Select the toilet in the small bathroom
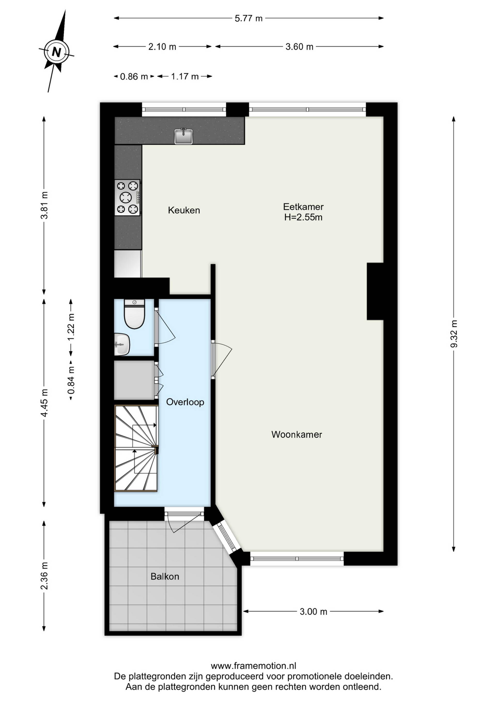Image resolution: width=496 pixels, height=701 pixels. (134, 314)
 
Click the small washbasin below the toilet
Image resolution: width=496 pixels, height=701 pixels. (122, 344)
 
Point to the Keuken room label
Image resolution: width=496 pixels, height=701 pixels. (184, 210)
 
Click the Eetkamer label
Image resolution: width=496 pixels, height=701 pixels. (303, 207)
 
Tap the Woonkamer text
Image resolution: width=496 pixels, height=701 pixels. (297, 434)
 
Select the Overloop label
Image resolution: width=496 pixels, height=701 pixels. (185, 402)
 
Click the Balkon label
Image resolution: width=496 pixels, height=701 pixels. (165, 577)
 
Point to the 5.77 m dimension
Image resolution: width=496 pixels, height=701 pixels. (249, 18)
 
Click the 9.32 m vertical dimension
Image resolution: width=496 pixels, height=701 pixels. (454, 334)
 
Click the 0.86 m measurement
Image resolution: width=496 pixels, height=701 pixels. (134, 76)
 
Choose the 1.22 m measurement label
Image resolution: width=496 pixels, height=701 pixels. (71, 327)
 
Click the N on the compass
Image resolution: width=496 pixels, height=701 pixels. (57, 52)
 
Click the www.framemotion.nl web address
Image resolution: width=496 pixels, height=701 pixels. (253, 666)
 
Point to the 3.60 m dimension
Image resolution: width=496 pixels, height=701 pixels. (299, 47)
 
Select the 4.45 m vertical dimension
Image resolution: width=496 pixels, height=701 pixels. (44, 403)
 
